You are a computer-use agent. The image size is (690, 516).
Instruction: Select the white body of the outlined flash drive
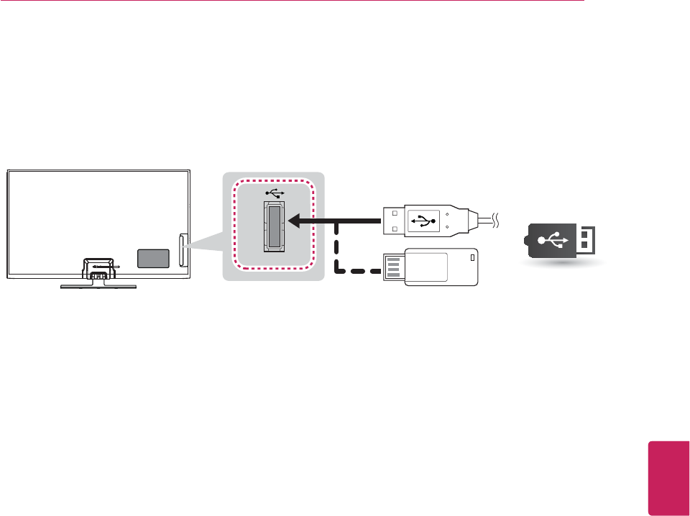[x=438, y=267]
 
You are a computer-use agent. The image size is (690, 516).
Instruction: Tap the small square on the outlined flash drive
[x=471, y=257]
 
